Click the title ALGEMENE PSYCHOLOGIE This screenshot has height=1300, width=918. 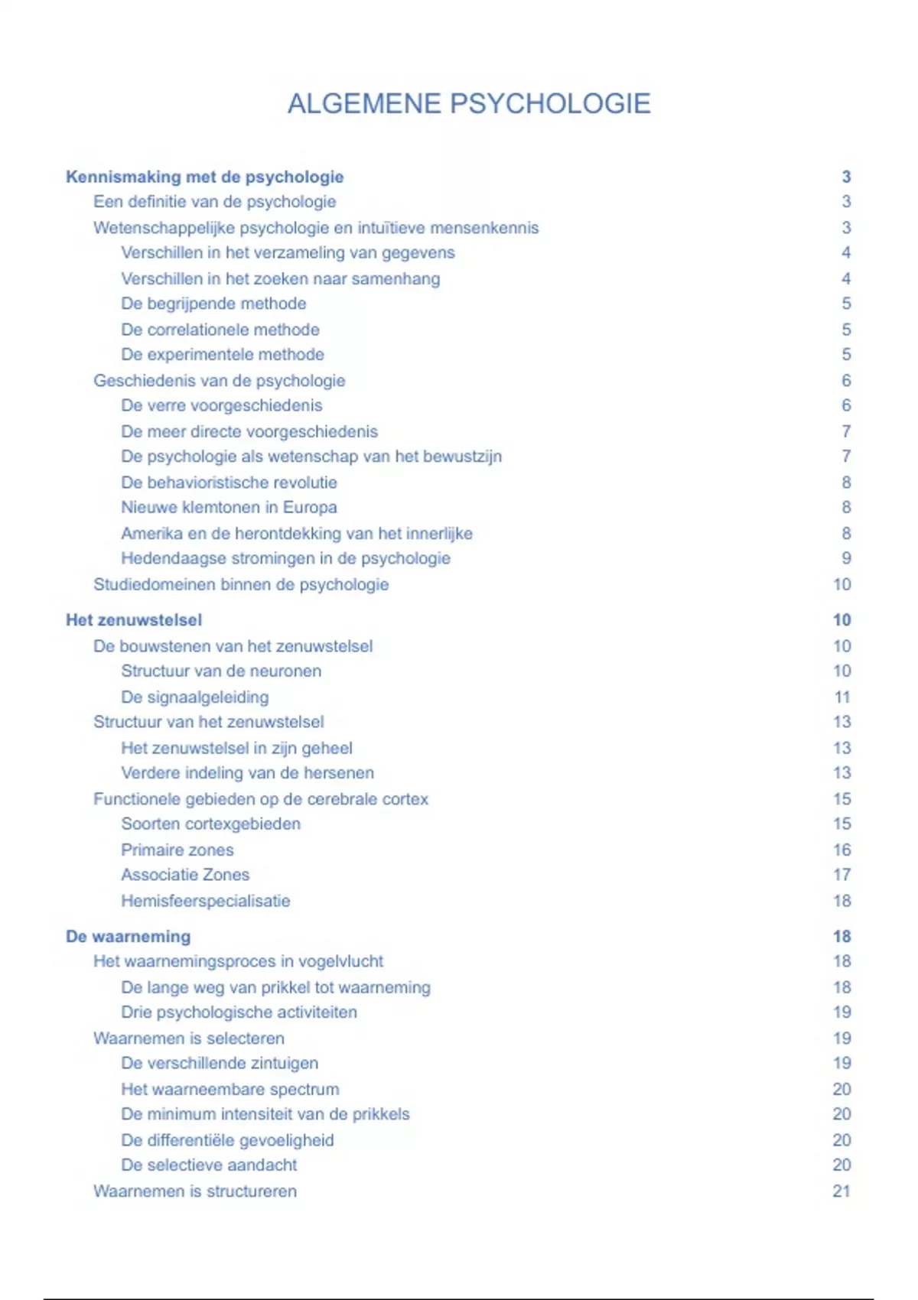click(x=469, y=104)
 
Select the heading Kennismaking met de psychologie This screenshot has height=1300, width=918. click(x=204, y=177)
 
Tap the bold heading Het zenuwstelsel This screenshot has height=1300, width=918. click(x=134, y=620)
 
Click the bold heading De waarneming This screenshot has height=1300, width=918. click(x=128, y=937)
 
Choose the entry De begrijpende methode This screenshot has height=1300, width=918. click(x=213, y=304)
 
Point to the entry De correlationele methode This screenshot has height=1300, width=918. click(x=220, y=330)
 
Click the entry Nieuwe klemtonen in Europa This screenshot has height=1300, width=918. click(x=229, y=507)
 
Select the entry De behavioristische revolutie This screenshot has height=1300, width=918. click(x=229, y=483)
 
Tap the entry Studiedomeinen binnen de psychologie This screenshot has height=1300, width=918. click(x=241, y=584)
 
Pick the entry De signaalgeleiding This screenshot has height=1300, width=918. click(x=195, y=697)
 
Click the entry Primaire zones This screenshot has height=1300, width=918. click(x=177, y=850)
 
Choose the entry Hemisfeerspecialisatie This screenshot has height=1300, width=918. click(x=206, y=901)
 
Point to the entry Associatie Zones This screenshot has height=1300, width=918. click(x=185, y=875)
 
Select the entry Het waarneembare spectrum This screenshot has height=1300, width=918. click(x=230, y=1089)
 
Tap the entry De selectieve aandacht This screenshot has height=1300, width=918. click(x=209, y=1165)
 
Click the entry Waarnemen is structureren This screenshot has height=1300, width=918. click(x=195, y=1191)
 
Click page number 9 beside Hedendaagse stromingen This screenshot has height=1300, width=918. click(x=846, y=558)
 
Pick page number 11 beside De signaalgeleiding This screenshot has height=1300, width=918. click(x=842, y=697)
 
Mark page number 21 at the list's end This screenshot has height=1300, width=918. click(x=841, y=1191)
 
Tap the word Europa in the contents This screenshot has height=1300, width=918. click(x=310, y=507)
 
